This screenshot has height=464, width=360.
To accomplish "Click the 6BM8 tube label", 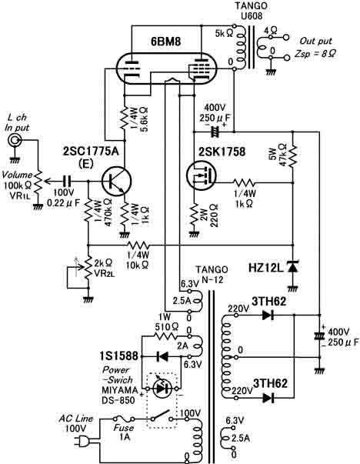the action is (165, 42).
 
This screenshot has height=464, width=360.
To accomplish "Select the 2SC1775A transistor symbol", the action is (116, 181).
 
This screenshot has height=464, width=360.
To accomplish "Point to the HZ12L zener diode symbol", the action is (292, 267).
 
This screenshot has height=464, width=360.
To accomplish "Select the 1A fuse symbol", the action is (125, 419).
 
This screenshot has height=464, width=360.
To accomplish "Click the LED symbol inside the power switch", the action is (162, 389).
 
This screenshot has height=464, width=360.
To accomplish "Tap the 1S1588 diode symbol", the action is (162, 356).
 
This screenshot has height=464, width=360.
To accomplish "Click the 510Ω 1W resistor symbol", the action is (165, 336).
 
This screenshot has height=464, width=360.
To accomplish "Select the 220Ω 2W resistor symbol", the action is (194, 214).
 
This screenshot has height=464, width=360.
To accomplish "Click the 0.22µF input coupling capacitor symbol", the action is (68, 181).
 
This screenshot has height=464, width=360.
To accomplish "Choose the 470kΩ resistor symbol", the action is (88, 210).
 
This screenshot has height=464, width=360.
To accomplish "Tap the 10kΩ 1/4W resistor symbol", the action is (138, 245).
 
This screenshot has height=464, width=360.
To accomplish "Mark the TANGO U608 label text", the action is (251, 10).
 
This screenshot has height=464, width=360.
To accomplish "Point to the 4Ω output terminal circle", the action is (286, 38).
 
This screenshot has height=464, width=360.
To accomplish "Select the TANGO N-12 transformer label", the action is (212, 274).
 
